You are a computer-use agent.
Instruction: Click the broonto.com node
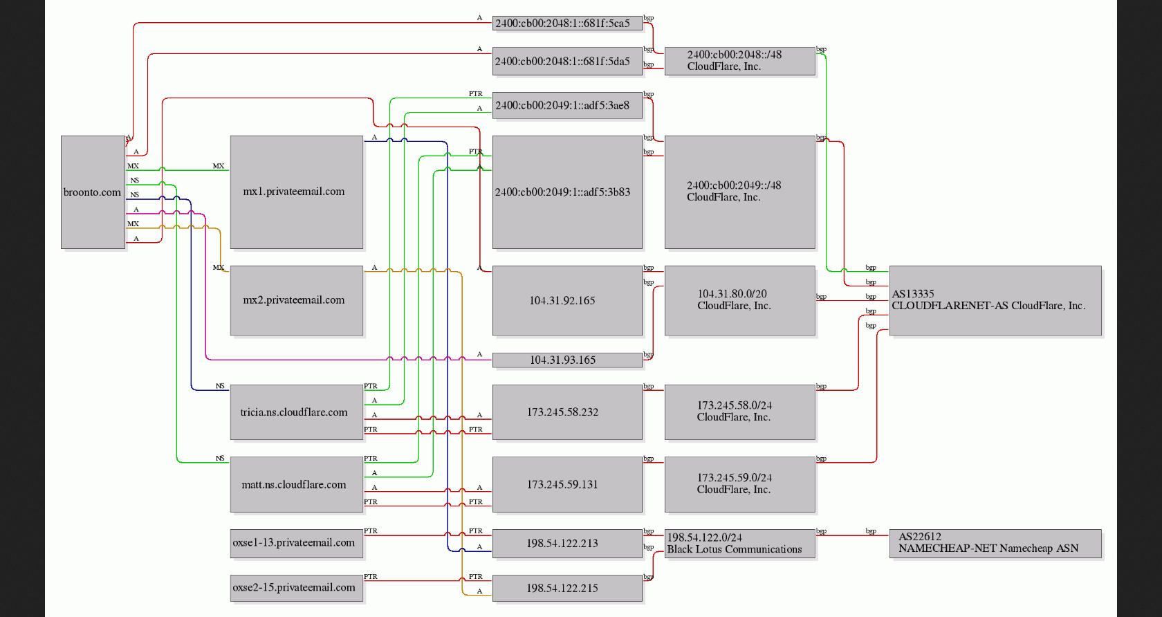pos(93,192)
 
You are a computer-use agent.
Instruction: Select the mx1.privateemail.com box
pos(297,192)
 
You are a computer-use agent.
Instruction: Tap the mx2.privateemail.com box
pos(297,301)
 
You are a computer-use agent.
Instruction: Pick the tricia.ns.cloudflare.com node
pos(297,412)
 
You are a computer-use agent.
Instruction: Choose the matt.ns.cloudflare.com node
pos(297,485)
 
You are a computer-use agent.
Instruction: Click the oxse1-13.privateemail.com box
pos(297,543)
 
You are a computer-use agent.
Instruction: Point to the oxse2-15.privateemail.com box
pos(297,588)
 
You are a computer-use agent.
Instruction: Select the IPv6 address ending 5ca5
pos(567,24)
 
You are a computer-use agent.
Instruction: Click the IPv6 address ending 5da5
pos(567,62)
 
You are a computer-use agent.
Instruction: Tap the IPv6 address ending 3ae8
pos(567,106)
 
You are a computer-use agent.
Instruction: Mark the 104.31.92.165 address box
pos(567,301)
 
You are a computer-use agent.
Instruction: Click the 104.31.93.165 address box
pos(567,360)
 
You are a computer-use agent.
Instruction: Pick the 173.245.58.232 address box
pos(567,412)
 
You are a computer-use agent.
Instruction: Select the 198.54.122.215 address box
pos(567,588)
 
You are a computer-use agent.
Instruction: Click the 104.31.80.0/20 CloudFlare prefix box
pos(740,301)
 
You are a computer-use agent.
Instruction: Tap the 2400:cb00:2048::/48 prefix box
pos(740,62)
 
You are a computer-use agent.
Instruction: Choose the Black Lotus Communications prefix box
pos(740,543)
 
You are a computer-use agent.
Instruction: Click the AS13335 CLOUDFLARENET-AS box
pos(995,301)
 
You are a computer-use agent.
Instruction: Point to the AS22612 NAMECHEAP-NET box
pos(995,543)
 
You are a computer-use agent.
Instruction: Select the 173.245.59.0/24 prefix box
pos(740,485)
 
